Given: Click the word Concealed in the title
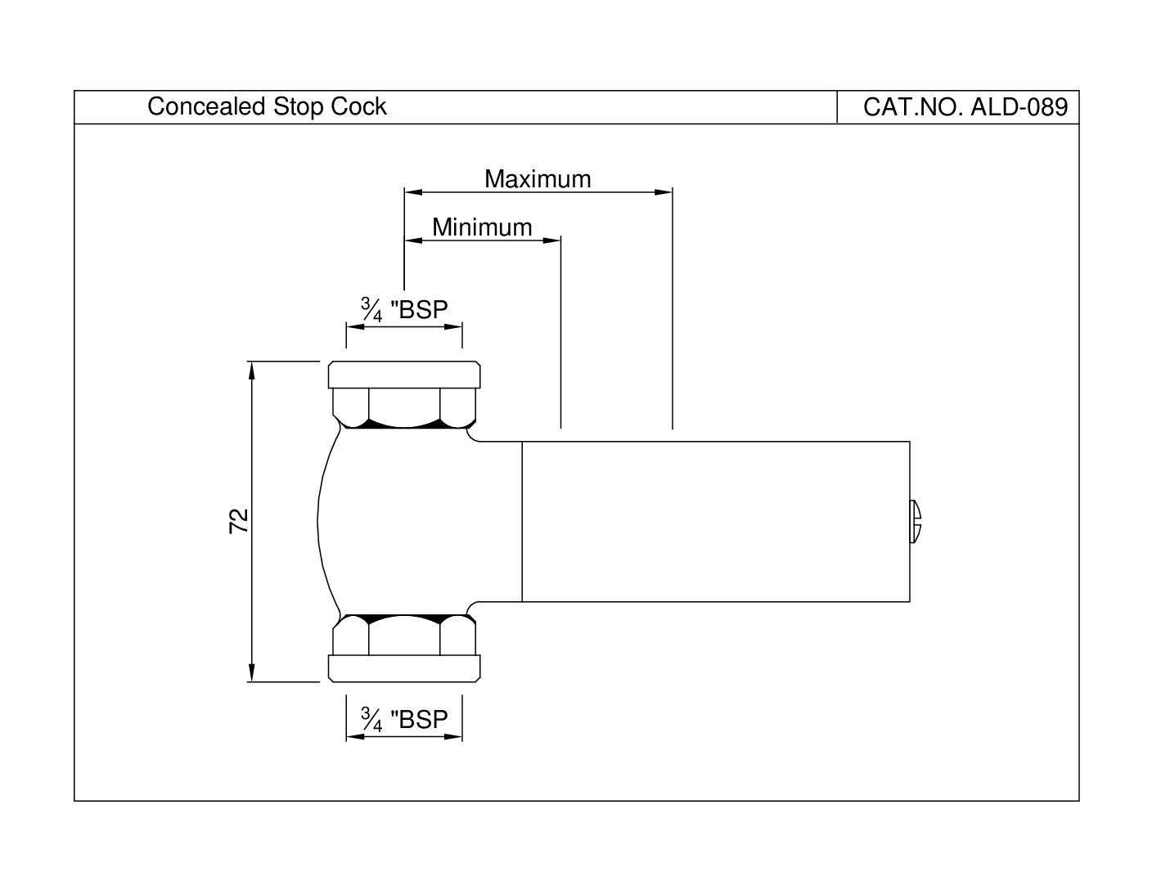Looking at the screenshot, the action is tap(206, 106).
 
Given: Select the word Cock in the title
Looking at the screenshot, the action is tap(359, 106).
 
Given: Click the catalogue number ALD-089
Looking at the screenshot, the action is tap(1019, 107).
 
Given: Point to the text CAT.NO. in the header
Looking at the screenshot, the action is tap(912, 107).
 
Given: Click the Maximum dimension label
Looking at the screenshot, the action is tap(538, 179).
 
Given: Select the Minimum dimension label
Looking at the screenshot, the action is tap(482, 227).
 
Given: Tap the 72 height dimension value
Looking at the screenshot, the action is tap(239, 521).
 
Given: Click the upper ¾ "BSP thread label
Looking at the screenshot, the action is tap(404, 309).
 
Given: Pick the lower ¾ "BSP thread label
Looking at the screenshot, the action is tap(404, 719).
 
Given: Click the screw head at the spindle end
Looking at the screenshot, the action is tap(916, 521).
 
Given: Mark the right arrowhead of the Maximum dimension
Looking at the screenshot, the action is tap(664, 192).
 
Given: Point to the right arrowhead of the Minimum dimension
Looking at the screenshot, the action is tap(552, 240).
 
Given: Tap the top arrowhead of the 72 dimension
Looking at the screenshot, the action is tap(252, 371).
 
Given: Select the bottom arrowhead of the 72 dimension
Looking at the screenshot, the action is tap(252, 672).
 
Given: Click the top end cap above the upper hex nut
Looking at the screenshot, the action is tap(404, 375).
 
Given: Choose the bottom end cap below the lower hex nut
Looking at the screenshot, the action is tap(404, 668).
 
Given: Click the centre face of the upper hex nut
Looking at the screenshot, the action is tap(404, 407).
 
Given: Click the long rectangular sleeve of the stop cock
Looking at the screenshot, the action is tap(716, 522).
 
